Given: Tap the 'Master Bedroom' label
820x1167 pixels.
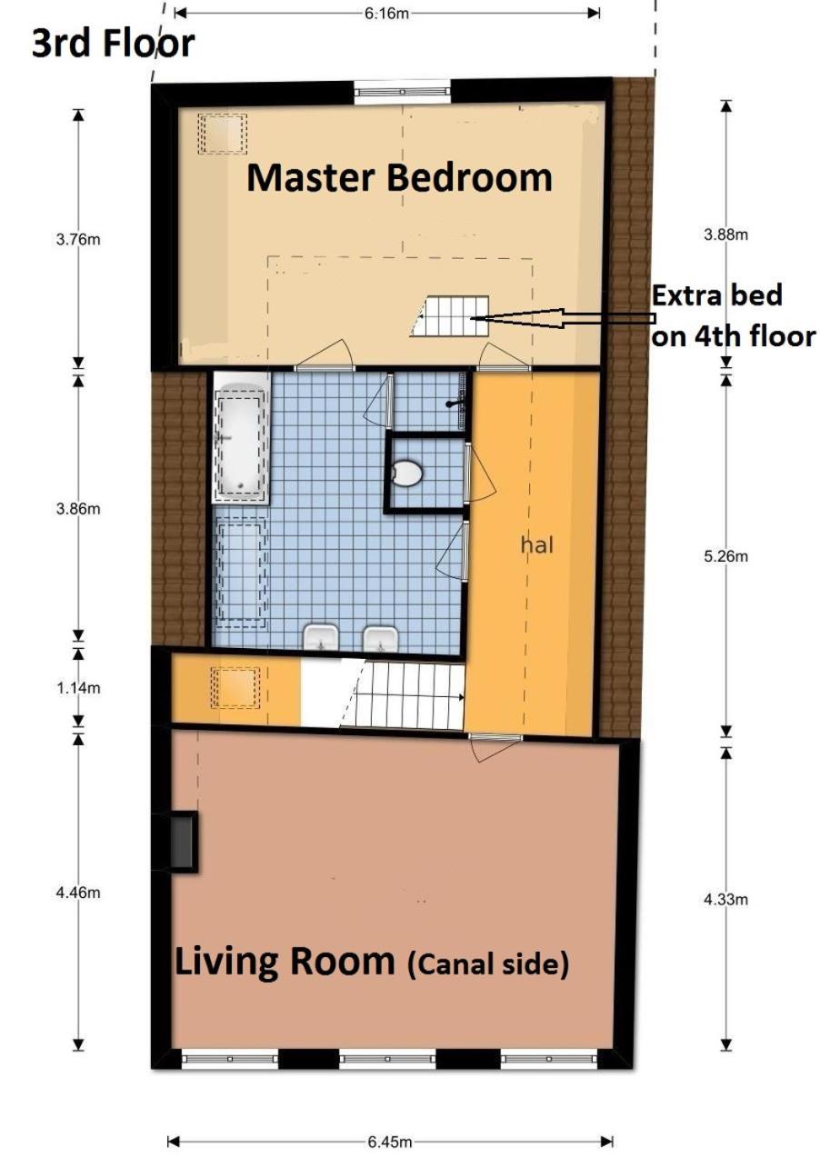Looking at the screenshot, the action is [399, 177].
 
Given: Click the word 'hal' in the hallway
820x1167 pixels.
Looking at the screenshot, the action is [536, 545].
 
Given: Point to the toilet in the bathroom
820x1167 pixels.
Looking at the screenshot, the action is [408, 473].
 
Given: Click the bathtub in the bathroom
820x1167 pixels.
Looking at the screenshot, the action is [242, 437].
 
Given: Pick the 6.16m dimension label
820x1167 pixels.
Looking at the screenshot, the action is [386, 14].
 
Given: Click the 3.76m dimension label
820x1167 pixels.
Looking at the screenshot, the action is [78, 240].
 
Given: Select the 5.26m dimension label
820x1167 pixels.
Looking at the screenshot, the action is [725, 556].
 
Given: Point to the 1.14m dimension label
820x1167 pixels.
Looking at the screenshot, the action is [78, 688].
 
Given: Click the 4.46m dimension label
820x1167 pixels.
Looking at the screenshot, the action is [78, 893].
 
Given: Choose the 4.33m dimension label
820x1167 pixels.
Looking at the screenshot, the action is [725, 899].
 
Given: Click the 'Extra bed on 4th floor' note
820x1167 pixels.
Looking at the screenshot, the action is [733, 316].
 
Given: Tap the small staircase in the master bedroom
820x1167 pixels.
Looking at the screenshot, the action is [450, 316].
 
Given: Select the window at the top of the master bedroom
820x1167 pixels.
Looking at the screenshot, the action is [402, 92].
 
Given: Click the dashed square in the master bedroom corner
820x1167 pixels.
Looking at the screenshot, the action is [222, 134].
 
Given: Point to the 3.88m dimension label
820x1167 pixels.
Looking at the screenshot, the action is [725, 235].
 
